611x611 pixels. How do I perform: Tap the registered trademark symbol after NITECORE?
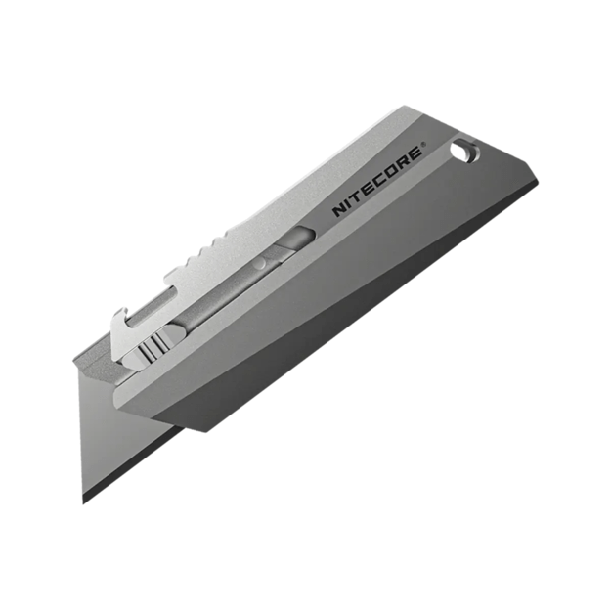[422, 150]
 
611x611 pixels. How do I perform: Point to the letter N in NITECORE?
[338, 209]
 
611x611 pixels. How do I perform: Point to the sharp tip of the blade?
[84, 500]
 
